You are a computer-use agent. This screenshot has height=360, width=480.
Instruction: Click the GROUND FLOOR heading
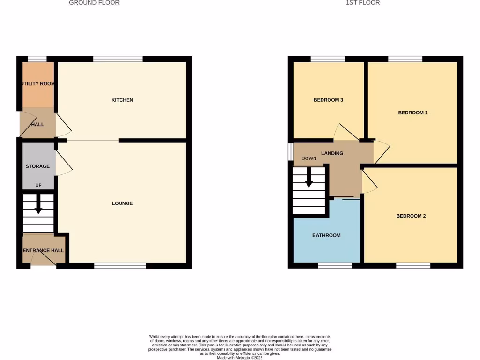click(94, 3)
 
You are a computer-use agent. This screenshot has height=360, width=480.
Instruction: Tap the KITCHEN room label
click(122, 100)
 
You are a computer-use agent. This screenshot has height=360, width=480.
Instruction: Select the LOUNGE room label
click(122, 203)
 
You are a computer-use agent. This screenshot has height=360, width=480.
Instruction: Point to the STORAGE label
click(37, 166)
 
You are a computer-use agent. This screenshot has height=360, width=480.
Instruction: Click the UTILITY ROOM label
click(38, 84)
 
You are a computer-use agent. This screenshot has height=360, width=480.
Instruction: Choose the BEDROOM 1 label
click(413, 112)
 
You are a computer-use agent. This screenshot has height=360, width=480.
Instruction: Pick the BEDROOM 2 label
click(411, 216)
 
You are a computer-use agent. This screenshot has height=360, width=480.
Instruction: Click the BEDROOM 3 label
click(329, 100)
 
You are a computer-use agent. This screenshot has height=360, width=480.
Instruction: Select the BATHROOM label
click(326, 235)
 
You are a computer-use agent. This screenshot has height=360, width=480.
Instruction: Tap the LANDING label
click(332, 153)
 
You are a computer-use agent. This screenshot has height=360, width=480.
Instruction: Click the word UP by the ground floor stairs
click(38, 186)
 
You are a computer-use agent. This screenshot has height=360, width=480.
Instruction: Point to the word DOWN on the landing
click(309, 158)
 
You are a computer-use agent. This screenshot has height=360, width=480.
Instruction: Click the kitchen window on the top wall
click(118, 59)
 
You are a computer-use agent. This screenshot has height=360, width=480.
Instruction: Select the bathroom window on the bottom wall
click(335, 266)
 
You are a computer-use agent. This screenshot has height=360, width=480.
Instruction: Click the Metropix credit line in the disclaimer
click(240, 358)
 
